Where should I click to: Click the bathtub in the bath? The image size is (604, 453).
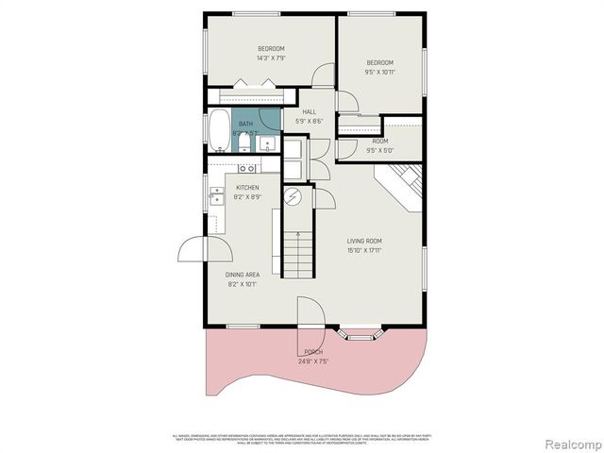(x=219, y=131)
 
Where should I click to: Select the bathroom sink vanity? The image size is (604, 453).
(x=267, y=144)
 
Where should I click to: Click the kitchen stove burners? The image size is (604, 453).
(x=248, y=168)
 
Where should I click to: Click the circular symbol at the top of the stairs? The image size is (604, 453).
(x=293, y=197)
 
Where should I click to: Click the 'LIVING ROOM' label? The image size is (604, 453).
(x=363, y=241)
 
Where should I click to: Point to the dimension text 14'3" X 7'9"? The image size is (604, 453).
(x=271, y=59)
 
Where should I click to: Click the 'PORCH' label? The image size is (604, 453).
(x=312, y=351)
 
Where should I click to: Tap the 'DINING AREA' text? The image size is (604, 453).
(x=242, y=275)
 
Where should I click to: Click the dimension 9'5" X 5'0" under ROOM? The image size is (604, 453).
(x=379, y=150)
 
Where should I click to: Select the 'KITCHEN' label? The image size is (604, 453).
(x=247, y=188)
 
